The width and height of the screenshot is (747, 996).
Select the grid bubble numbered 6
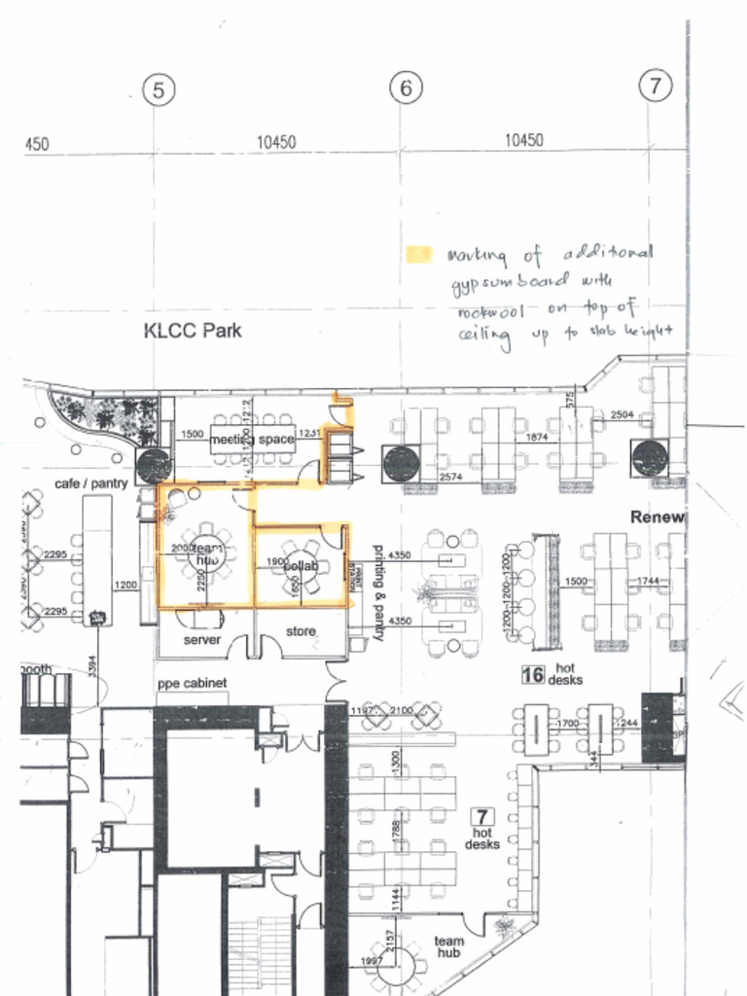pyautogui.click(x=406, y=89)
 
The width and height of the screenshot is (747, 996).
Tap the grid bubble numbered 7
pyautogui.click(x=655, y=86)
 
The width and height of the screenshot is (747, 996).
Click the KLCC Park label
pyautogui.click(x=193, y=331)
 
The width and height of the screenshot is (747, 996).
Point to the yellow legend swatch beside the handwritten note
pyautogui.click(x=417, y=255)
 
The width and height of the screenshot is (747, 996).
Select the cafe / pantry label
pyautogui.click(x=90, y=483)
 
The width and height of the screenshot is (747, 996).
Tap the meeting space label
pyautogui.click(x=252, y=440)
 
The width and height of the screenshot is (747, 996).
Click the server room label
pyautogui.click(x=202, y=640)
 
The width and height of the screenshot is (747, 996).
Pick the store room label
pyautogui.click(x=301, y=631)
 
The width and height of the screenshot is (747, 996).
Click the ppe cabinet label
pyautogui.click(x=193, y=684)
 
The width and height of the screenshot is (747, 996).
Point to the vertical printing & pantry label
pyautogui.click(x=380, y=593)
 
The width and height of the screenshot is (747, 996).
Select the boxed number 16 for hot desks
pyautogui.click(x=532, y=674)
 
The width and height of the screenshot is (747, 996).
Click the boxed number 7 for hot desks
pyautogui.click(x=481, y=816)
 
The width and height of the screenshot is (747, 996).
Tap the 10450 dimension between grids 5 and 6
pyautogui.click(x=276, y=142)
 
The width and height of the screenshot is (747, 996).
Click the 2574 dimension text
pyautogui.click(x=450, y=478)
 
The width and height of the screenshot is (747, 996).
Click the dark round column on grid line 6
pyautogui.click(x=401, y=464)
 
